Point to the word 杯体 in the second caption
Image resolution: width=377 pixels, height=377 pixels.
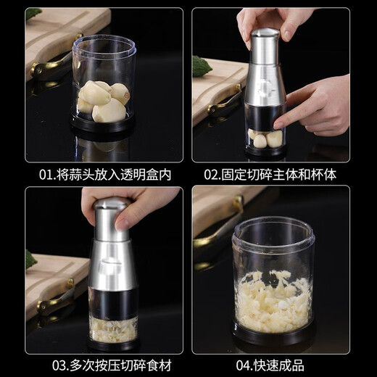pos(325,175)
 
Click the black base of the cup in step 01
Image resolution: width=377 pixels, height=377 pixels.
pos(102,124)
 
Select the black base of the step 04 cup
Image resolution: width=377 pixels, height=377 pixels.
pos(272,335)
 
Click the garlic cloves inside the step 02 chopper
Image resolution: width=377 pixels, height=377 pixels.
pos(265,137)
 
